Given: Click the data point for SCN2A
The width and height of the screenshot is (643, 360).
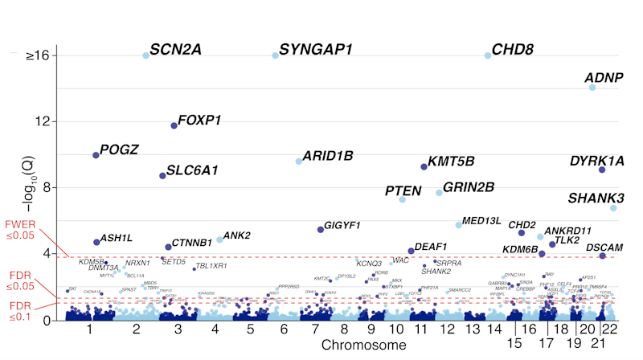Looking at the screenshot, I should point(145,55).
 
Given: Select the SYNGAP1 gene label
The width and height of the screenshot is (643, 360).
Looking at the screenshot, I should point(316,50).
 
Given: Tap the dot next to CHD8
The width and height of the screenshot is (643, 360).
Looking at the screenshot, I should point(488,55).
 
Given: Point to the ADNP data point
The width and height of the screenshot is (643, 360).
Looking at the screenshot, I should point(592,88).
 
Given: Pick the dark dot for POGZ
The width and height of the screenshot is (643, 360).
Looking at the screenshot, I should point(96,154).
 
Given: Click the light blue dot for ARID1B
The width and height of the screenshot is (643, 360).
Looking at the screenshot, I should point(299,162).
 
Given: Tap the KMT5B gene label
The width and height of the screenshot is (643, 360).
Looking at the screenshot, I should point(451,161).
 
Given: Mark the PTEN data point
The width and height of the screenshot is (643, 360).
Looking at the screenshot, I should point(402,199).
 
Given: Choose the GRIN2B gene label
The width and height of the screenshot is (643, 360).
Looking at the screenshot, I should point(469,187).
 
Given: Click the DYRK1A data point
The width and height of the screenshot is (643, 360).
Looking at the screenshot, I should point(601,170).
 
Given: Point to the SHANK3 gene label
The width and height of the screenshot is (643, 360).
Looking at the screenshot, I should point(596,198).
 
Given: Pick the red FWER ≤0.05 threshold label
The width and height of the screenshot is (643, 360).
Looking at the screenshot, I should point(19,229).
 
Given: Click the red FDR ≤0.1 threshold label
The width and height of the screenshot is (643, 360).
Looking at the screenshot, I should point(19,310).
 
